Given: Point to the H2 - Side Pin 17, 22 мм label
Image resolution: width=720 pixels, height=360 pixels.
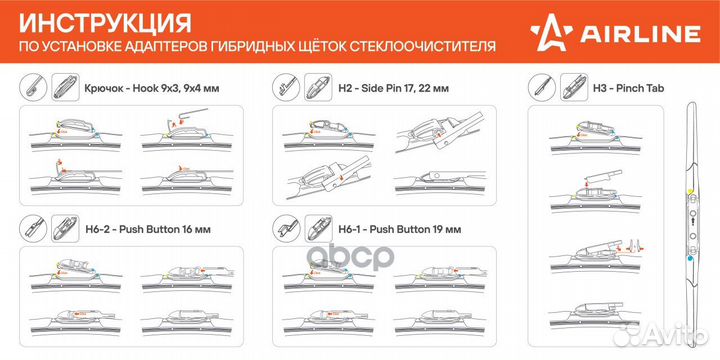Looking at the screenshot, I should [x=392, y=87].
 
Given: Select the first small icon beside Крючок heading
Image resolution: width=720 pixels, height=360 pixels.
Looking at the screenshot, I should [x=34, y=86].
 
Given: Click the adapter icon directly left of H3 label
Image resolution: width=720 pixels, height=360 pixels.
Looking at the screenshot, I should [x=576, y=86].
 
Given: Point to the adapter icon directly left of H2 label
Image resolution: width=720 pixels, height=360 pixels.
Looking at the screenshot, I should [x=319, y=86].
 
